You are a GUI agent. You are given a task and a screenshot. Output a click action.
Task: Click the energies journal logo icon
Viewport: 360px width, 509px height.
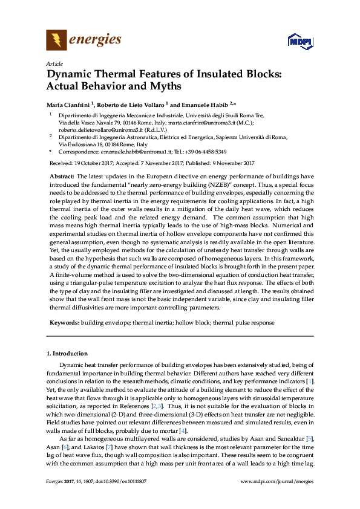[x=56, y=41]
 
